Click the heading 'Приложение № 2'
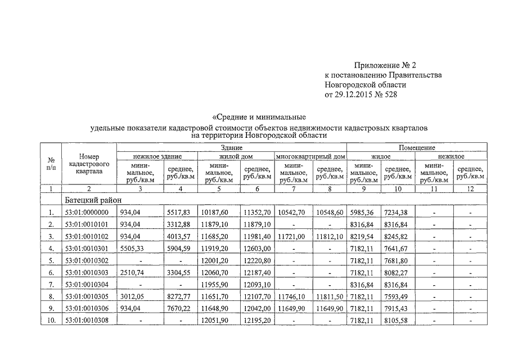click(385, 65)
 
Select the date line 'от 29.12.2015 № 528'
click(361, 94)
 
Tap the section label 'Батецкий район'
click(90, 200)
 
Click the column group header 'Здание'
click(231, 147)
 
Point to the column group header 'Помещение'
click(417, 147)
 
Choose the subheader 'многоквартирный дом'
click(310, 156)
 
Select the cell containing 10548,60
click(329, 212)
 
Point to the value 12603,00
click(258, 247)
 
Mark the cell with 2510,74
click(133, 272)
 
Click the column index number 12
click(470, 189)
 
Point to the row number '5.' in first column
click(51, 260)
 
